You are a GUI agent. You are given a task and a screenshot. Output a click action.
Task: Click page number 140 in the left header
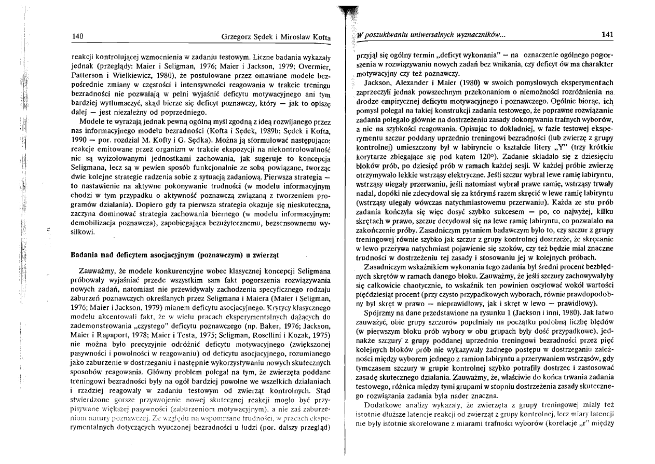click(x=77, y=36)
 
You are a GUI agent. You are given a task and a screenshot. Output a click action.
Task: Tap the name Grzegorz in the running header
click(x=237, y=36)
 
